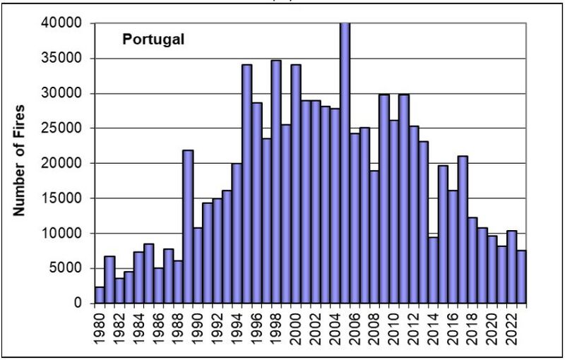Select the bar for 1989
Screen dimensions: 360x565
[x=188, y=227]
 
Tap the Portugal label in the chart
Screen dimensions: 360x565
[x=153, y=40]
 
